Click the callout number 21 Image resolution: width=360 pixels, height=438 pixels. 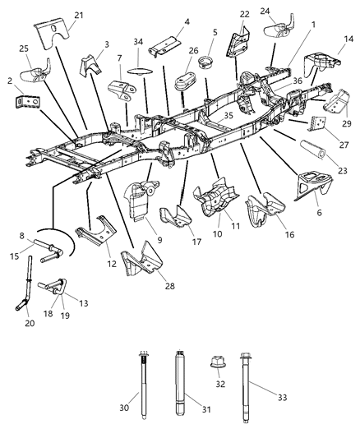[79, 15]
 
